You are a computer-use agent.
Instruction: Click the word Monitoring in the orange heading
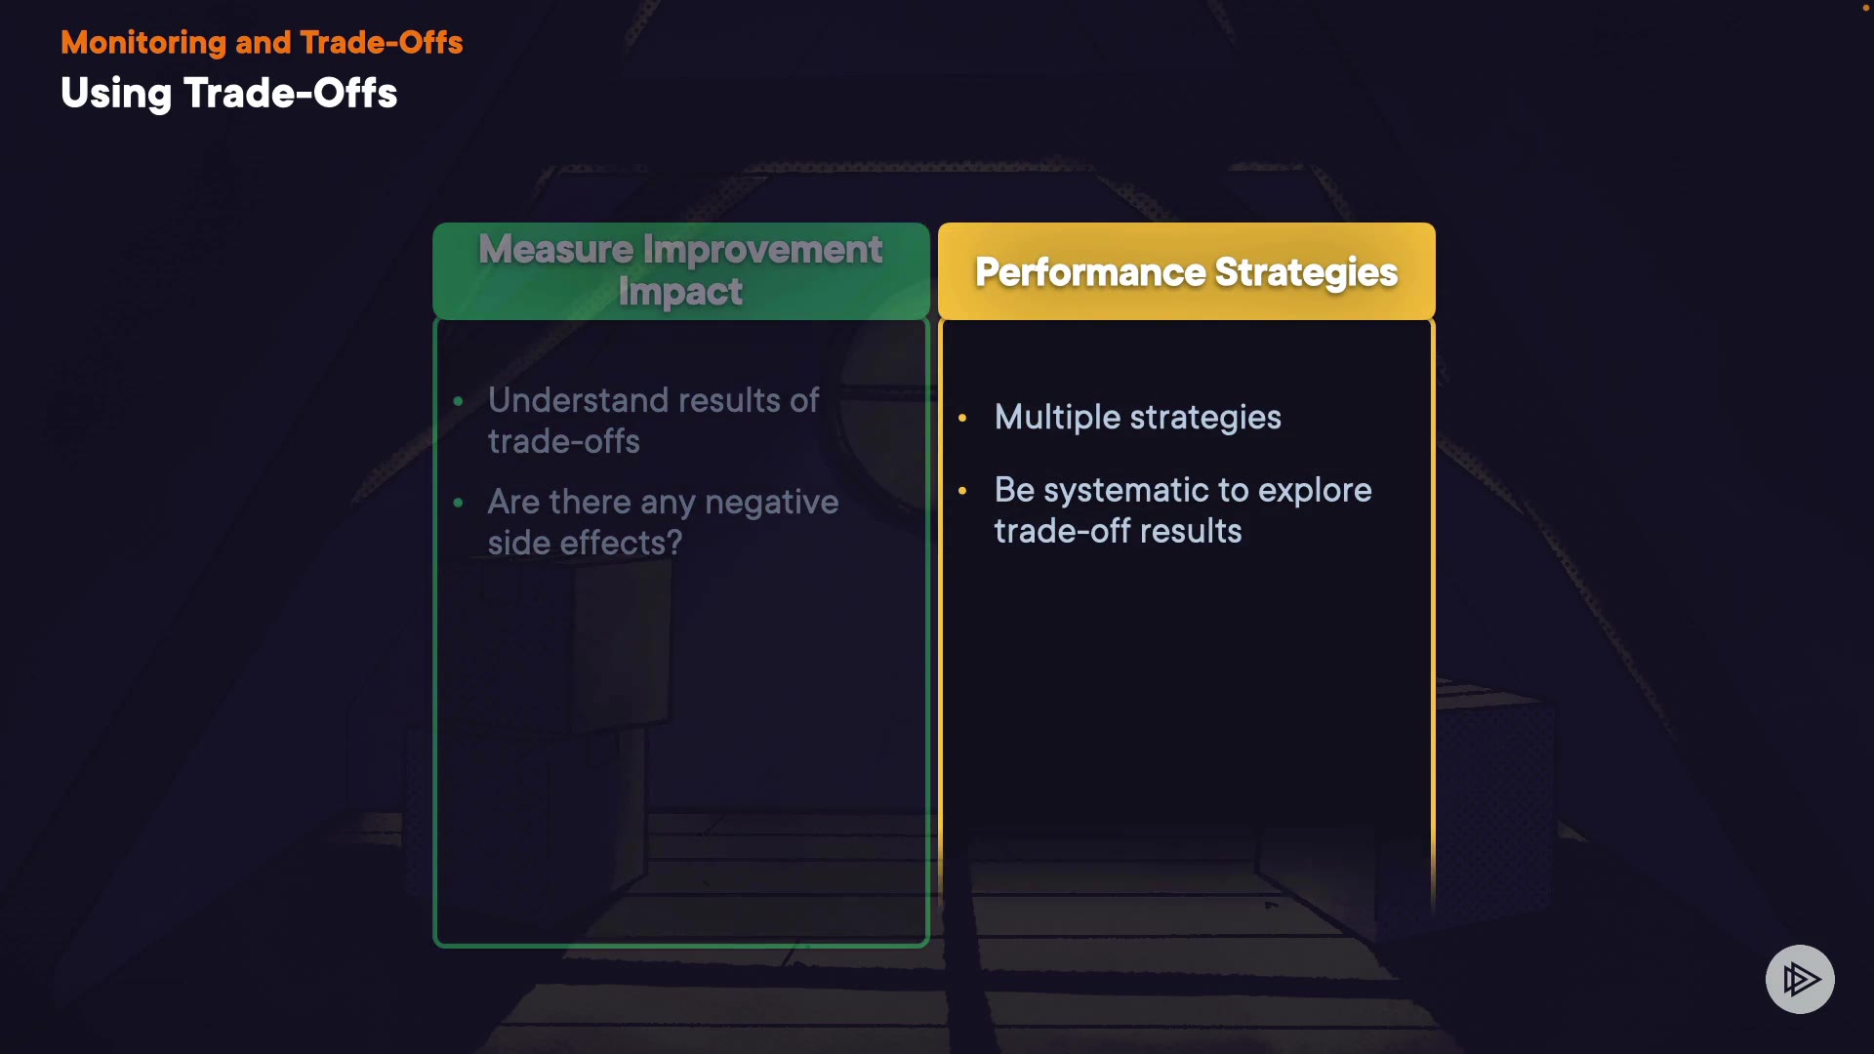(x=143, y=43)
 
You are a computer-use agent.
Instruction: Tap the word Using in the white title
(x=116, y=95)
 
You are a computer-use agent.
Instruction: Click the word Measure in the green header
(x=556, y=249)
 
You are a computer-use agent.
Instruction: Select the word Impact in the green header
(x=680, y=292)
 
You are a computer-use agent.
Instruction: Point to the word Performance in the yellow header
(x=1090, y=272)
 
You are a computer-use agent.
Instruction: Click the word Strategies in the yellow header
(x=1306, y=273)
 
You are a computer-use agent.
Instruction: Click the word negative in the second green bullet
(x=771, y=503)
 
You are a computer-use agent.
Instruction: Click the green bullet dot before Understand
(x=459, y=401)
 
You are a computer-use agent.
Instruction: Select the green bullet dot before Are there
(x=459, y=503)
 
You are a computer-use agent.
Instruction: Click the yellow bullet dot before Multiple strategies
(x=962, y=418)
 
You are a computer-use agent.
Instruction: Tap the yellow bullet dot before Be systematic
(x=962, y=490)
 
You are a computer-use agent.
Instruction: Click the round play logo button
(x=1800, y=979)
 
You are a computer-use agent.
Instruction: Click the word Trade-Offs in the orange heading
(x=382, y=43)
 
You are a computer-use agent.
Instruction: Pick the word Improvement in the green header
(x=762, y=249)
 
